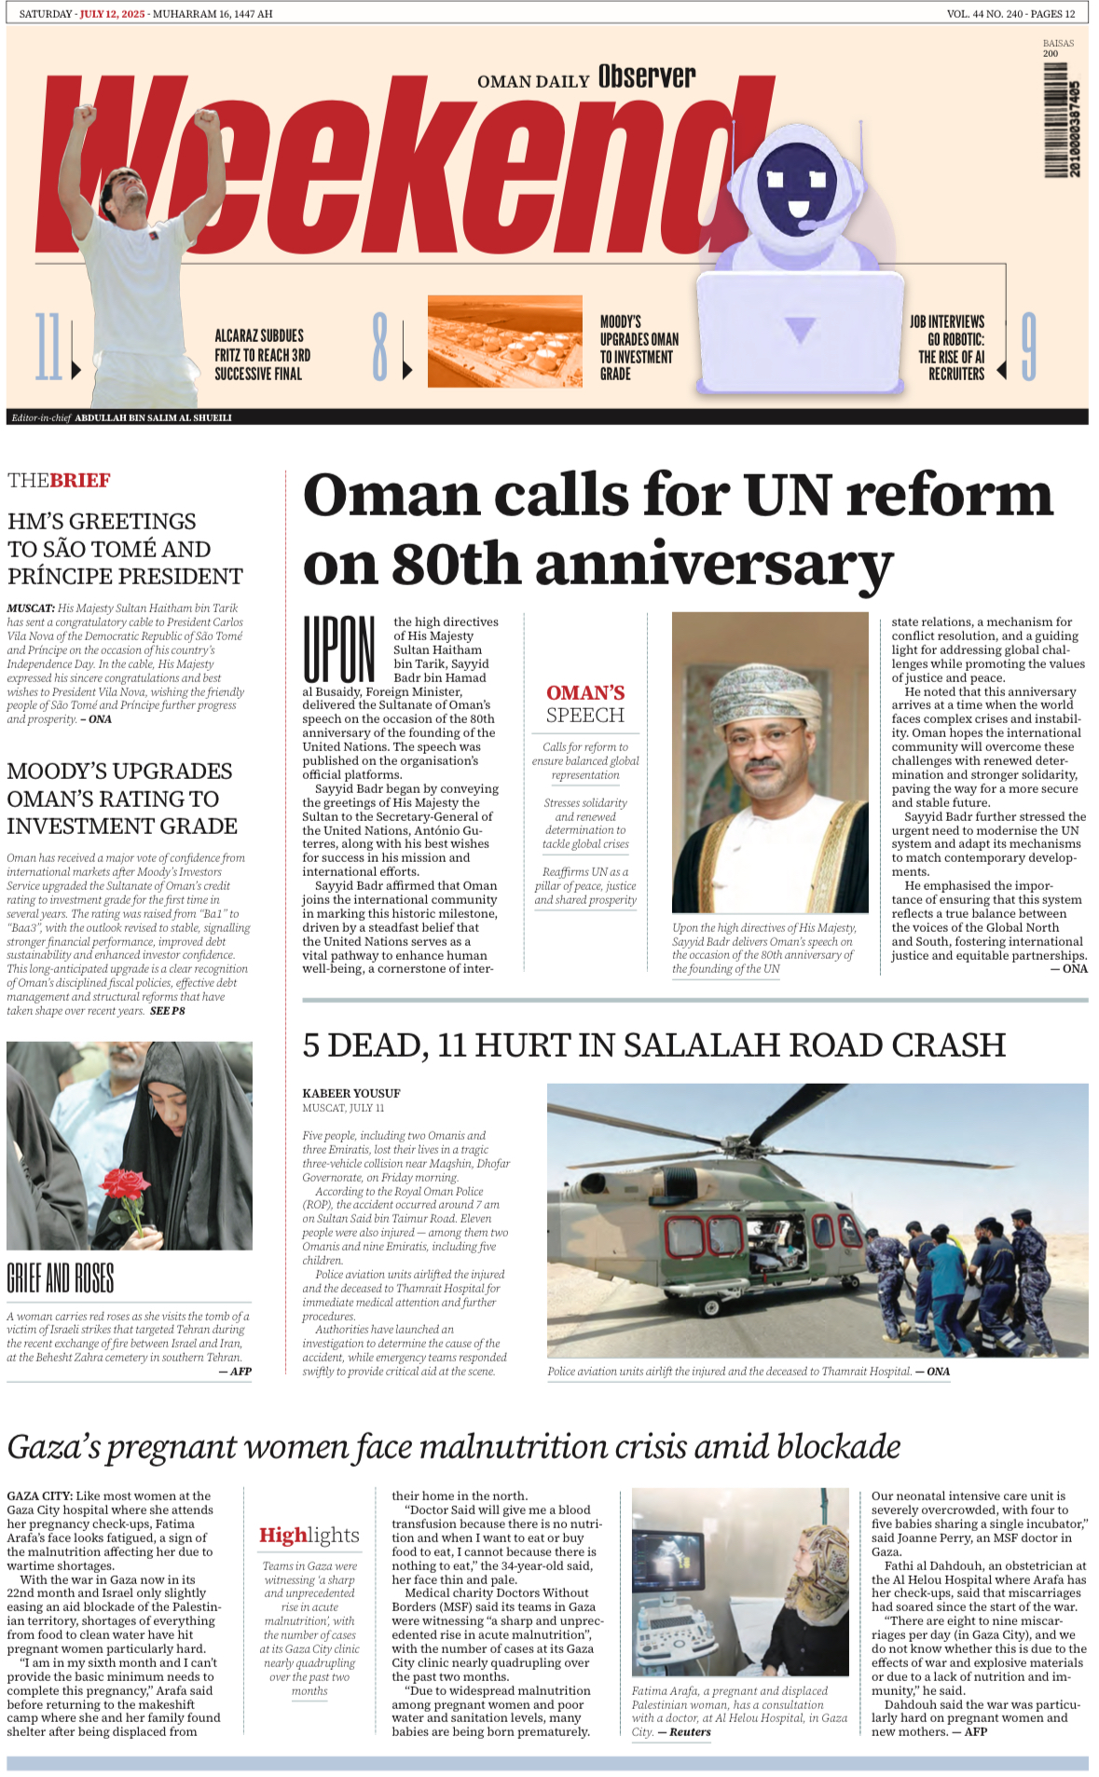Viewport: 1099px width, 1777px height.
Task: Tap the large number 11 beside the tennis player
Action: click(48, 347)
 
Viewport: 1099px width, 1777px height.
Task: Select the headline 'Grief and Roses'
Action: click(61, 1278)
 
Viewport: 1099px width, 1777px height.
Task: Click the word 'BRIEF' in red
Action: click(80, 481)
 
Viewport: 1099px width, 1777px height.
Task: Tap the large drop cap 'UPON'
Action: click(339, 649)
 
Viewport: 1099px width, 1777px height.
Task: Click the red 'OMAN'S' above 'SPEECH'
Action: click(585, 692)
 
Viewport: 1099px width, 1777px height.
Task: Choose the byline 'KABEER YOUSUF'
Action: click(350, 1093)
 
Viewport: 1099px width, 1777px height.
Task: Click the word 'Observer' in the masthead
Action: click(647, 77)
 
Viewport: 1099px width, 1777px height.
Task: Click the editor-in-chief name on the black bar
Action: click(153, 417)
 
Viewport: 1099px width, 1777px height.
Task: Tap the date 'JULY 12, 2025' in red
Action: click(112, 14)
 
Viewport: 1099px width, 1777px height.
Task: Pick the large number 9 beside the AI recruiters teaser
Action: click(1028, 347)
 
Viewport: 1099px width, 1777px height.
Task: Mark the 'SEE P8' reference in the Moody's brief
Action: click(168, 1011)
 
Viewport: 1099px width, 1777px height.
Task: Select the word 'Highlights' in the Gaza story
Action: click(309, 1535)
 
